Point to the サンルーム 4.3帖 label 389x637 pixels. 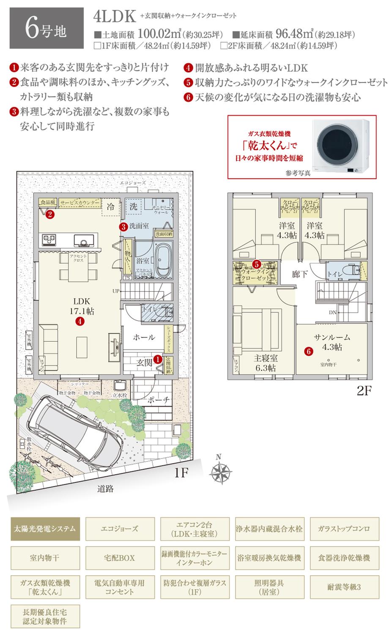click(x=332, y=342)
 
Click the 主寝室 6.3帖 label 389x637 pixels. click(x=266, y=362)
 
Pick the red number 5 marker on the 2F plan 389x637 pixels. click(x=256, y=264)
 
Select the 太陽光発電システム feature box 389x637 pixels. click(x=45, y=529)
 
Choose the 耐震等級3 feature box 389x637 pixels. click(x=344, y=587)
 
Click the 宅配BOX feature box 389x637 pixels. click(x=120, y=558)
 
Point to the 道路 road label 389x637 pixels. click(x=105, y=489)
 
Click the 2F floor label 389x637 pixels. click(x=363, y=391)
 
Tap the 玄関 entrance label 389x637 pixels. click(x=144, y=362)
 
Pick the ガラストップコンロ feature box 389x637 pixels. click(x=344, y=529)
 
